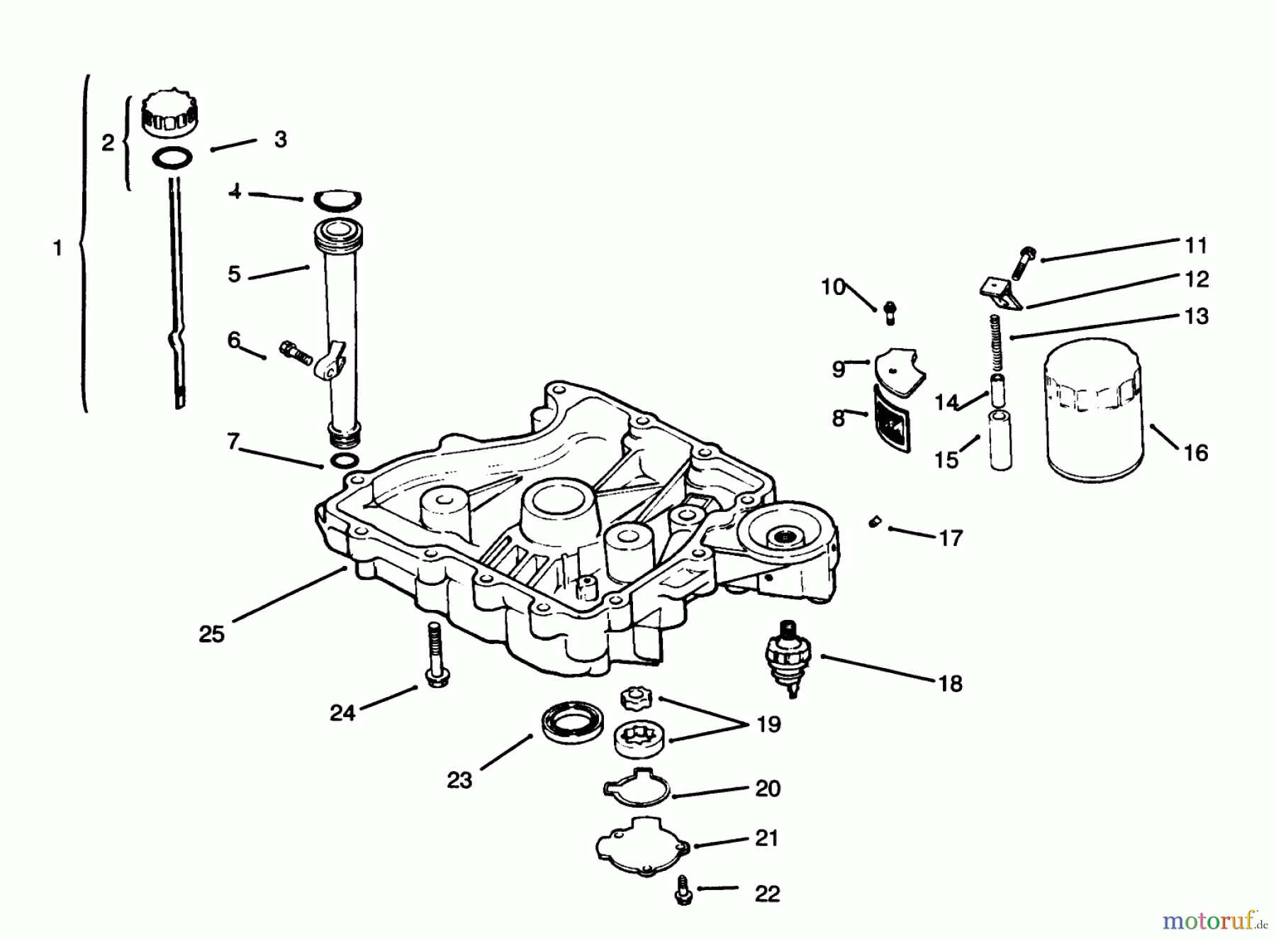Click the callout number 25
pyautogui.click(x=211, y=633)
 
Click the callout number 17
pyautogui.click(x=951, y=538)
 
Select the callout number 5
pyautogui.click(x=235, y=274)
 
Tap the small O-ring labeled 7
pyautogui.click(x=343, y=462)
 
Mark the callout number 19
pyautogui.click(x=768, y=724)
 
